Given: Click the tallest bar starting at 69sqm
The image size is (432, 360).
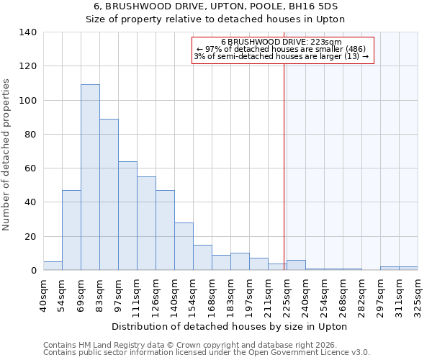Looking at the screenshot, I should click(x=90, y=177).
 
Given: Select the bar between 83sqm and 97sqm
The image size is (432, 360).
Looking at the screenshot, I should click(x=109, y=194).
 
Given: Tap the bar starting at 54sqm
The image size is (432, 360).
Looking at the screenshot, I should click(x=71, y=230).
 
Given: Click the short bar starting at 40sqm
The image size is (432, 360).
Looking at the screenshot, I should click(x=53, y=266).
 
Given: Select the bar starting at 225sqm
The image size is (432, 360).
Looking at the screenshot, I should click(x=296, y=265).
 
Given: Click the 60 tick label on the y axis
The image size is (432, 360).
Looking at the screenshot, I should click(x=30, y=168).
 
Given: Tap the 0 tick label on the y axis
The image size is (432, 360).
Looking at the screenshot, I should click(x=33, y=271).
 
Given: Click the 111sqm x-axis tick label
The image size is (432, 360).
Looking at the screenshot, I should click(x=137, y=296).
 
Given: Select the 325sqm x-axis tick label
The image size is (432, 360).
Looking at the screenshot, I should click(x=418, y=296).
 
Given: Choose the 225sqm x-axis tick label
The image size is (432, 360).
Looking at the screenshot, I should click(x=287, y=296).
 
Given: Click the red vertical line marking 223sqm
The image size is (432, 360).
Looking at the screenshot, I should click(x=284, y=166).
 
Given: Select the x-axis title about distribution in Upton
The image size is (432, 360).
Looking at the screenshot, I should click(x=230, y=326).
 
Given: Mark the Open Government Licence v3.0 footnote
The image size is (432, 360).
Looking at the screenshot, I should click(x=207, y=352).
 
